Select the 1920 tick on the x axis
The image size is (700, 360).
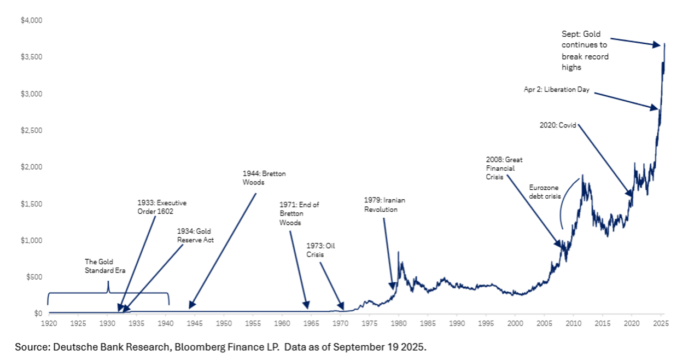coord(48,323)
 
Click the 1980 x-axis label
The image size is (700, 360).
coord(399,323)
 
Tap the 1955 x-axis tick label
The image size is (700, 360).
coord(253,323)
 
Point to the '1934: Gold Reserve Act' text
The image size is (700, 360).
coord(195,236)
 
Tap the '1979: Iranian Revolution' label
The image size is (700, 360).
coord(385,205)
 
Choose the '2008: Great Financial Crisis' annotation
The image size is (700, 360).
coord(504,169)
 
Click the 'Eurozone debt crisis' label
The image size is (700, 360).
coord(545,191)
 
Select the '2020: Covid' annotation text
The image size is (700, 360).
coord(558,125)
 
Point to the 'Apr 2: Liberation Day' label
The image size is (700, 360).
coord(556,90)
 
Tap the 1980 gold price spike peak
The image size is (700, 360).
coord(398,252)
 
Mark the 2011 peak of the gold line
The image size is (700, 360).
coord(582,175)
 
